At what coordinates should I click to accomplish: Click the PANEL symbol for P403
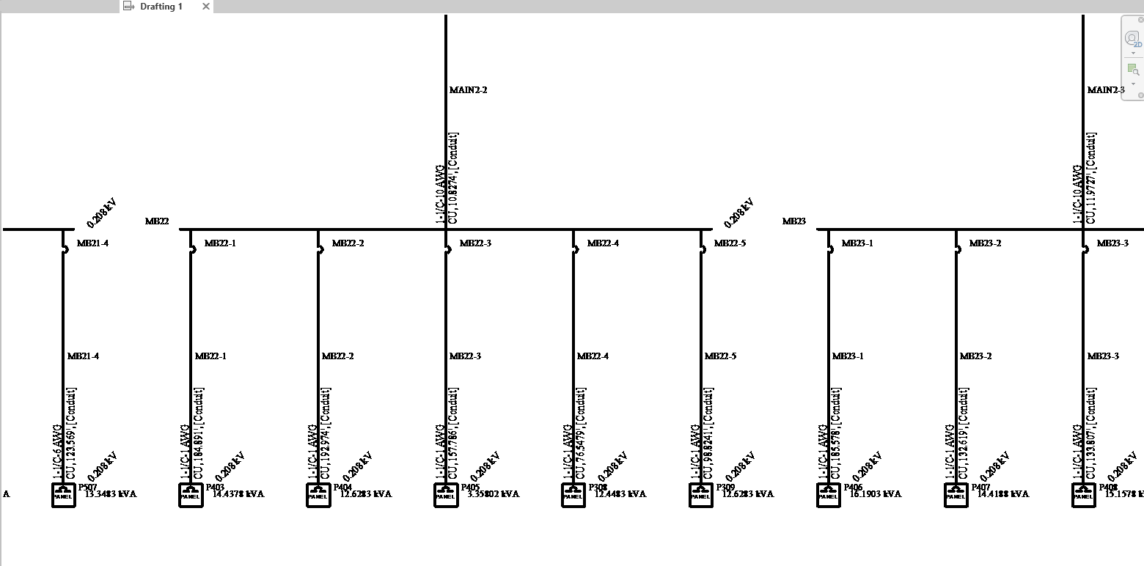point(191,495)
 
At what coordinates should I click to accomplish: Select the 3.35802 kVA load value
point(494,494)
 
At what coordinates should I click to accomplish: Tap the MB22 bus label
point(157,221)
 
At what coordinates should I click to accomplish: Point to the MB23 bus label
point(794,221)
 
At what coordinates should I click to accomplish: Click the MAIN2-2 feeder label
point(469,90)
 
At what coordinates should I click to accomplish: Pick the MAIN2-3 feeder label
point(1106,90)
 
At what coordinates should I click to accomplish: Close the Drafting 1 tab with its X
point(206,7)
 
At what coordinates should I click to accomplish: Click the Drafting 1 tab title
point(161,7)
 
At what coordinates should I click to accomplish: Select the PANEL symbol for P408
point(1084,495)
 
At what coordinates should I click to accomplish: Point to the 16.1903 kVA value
point(876,494)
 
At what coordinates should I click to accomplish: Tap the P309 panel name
point(725,487)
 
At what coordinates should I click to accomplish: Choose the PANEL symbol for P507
point(63,495)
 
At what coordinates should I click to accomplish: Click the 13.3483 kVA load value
point(111,494)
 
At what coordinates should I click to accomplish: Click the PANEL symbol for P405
point(446,495)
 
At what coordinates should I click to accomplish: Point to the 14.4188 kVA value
point(1003,494)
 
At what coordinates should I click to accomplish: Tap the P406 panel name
point(853,487)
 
